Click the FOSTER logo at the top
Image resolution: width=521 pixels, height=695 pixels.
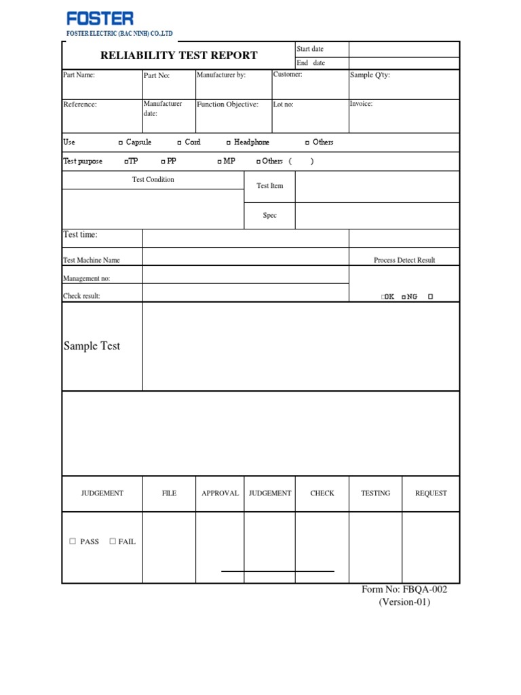pyautogui.click(x=100, y=18)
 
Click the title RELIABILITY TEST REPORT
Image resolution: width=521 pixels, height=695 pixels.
pyautogui.click(x=179, y=56)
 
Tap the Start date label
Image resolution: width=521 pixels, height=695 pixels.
pyautogui.click(x=310, y=50)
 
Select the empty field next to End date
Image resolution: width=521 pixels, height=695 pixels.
pyautogui.click(x=404, y=63)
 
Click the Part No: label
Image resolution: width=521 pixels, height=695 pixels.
pyautogui.click(x=157, y=75)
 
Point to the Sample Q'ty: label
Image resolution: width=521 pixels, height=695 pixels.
pyautogui.click(x=370, y=75)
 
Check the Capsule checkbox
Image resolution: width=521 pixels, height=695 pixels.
pyautogui.click(x=121, y=143)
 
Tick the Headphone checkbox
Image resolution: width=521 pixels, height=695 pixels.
pyautogui.click(x=229, y=143)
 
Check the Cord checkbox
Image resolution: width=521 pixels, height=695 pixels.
pyautogui.click(x=179, y=143)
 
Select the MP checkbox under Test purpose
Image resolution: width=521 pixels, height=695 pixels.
pyautogui.click(x=219, y=162)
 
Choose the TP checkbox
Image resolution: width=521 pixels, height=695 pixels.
pyautogui.click(x=126, y=162)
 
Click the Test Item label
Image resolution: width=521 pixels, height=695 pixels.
pyautogui.click(x=270, y=186)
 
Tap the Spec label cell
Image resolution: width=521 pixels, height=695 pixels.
pyautogui.click(x=270, y=216)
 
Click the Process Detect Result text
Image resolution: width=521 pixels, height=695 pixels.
pyautogui.click(x=404, y=260)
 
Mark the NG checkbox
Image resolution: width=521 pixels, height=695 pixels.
pyautogui.click(x=404, y=297)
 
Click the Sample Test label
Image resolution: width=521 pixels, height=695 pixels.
pyautogui.click(x=92, y=346)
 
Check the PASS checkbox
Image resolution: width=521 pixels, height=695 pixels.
pyautogui.click(x=73, y=542)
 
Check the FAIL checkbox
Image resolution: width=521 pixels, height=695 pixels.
pyautogui.click(x=113, y=542)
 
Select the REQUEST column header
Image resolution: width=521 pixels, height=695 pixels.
pyautogui.click(x=431, y=493)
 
